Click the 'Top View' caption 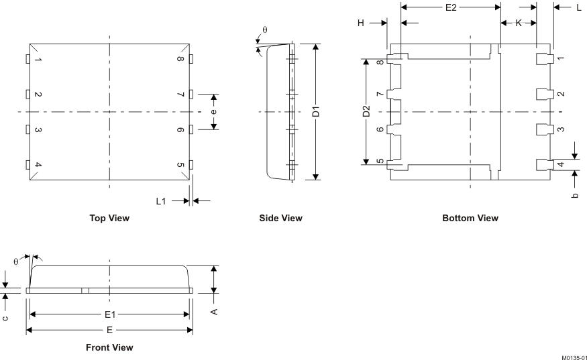[x=109, y=218]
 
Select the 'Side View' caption [x=280, y=218]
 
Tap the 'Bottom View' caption [x=470, y=218]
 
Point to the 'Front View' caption [x=109, y=347]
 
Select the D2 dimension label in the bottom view [x=366, y=112]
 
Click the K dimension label [x=519, y=23]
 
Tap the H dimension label [x=361, y=23]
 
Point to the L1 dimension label [x=161, y=200]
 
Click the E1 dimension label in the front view [x=109, y=314]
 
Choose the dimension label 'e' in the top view [x=213, y=112]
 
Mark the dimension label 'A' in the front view [x=214, y=311]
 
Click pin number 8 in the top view [x=180, y=59]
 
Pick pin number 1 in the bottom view [x=560, y=59]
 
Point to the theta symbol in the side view [x=264, y=30]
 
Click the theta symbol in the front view [x=15, y=261]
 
